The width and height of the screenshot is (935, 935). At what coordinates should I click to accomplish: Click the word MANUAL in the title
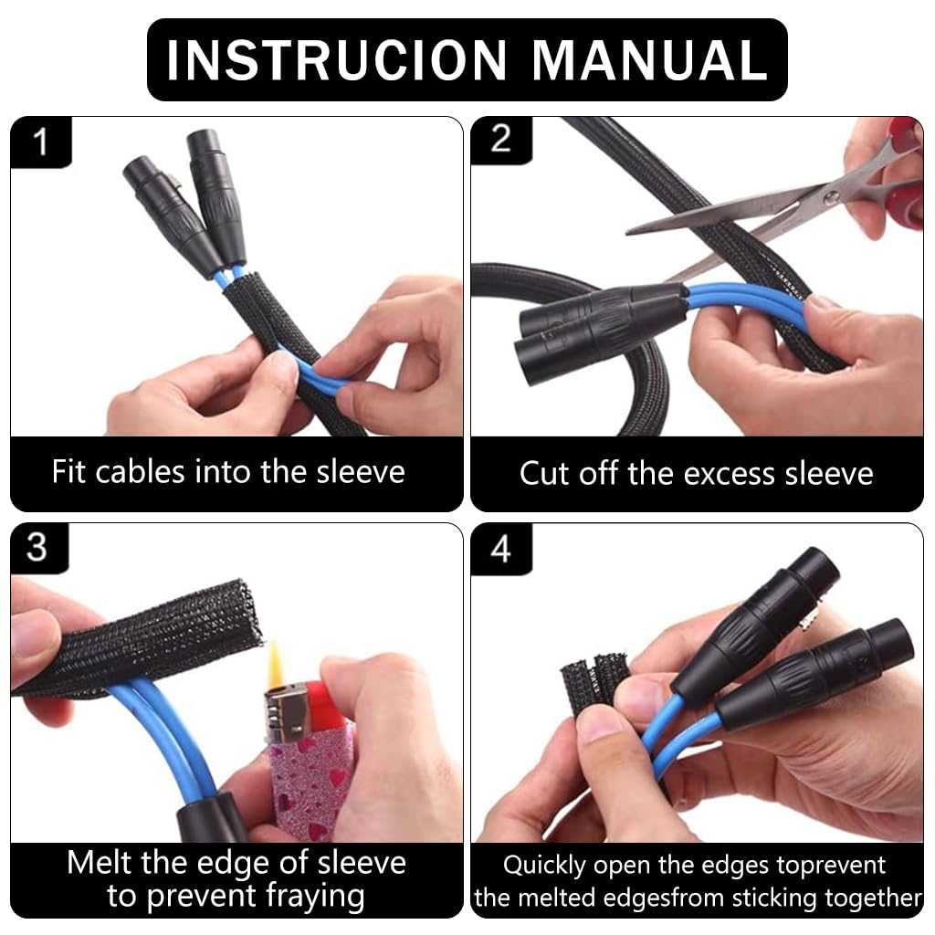pos(649,60)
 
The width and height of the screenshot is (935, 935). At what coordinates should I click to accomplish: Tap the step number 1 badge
pos(39,142)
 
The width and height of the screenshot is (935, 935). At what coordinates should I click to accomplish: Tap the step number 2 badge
pos(500,140)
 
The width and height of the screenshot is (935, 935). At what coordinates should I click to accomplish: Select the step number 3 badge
pos(37,548)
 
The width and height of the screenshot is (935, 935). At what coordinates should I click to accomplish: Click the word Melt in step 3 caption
pos(99,863)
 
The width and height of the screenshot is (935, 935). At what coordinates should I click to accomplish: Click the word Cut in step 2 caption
pos(544,474)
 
